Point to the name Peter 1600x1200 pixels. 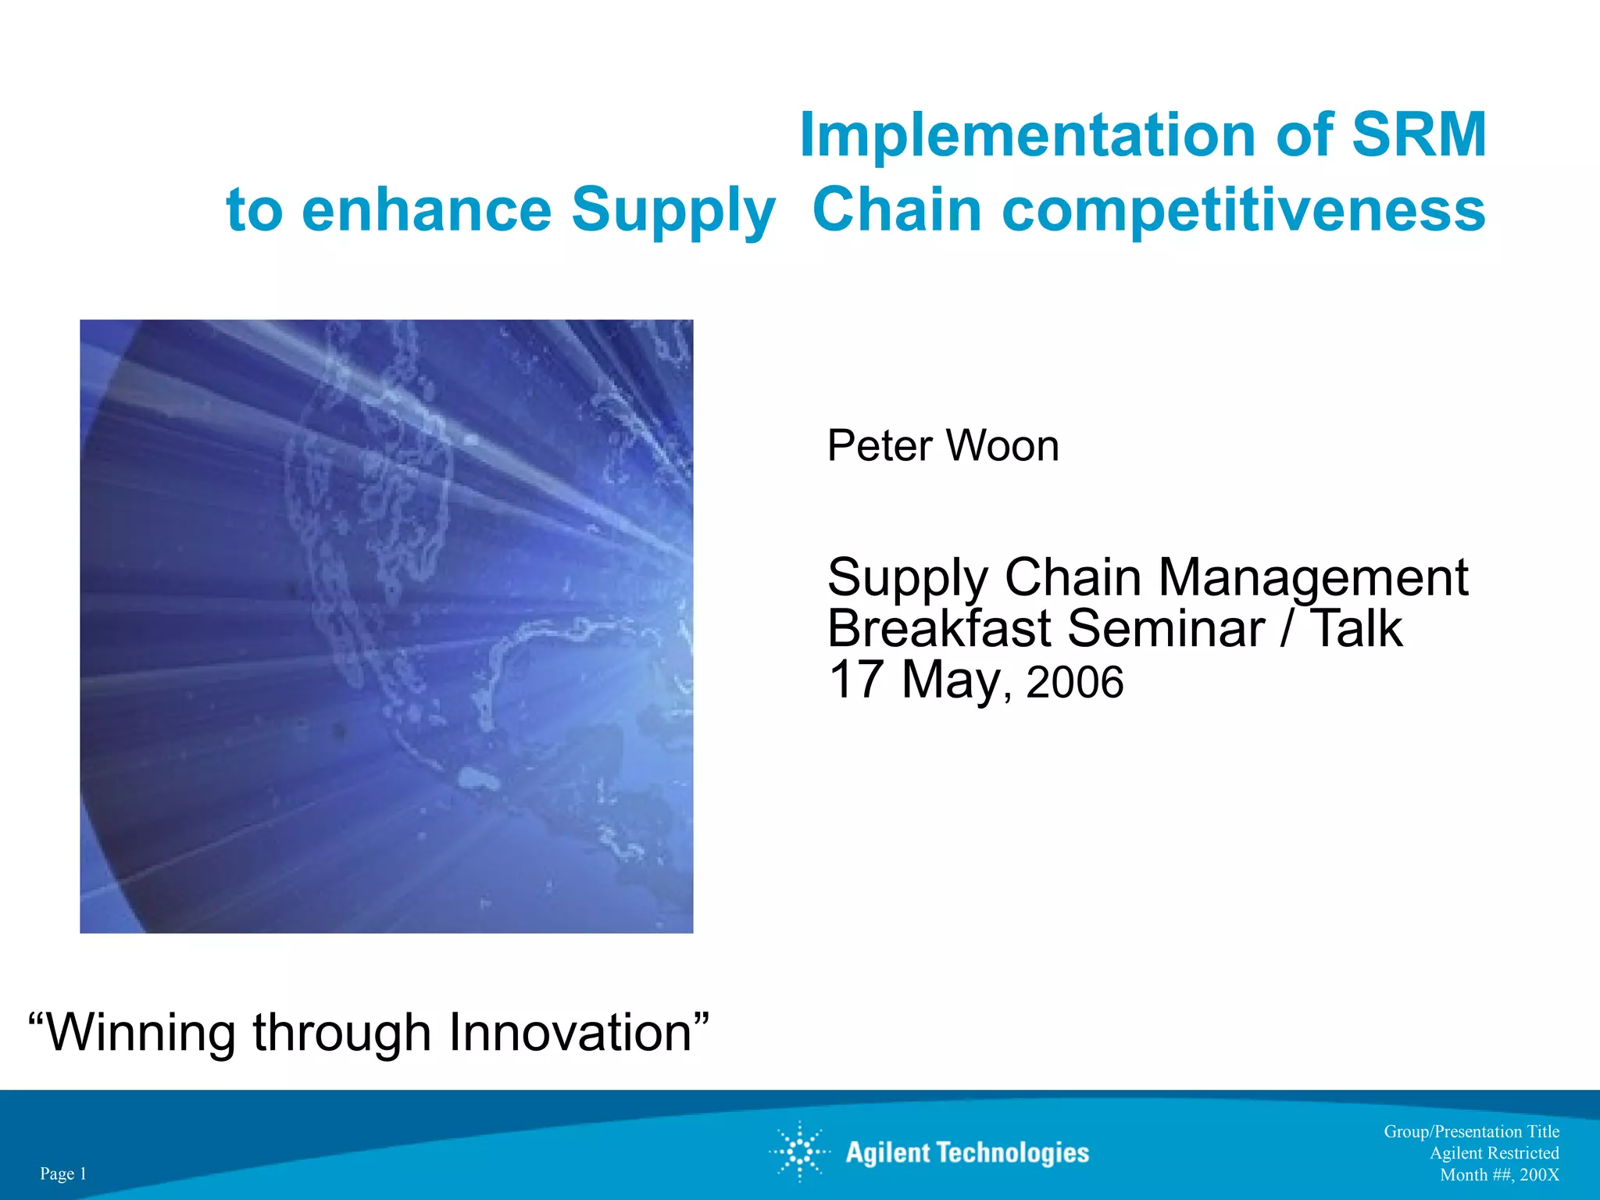pyautogui.click(x=880, y=446)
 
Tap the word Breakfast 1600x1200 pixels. pyautogui.click(x=938, y=629)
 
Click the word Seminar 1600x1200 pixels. pyautogui.click(x=1166, y=629)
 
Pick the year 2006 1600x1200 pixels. pyautogui.click(x=1075, y=682)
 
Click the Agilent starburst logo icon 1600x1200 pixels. pyautogui.click(x=799, y=1152)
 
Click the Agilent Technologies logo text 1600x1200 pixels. pyautogui.click(x=967, y=1153)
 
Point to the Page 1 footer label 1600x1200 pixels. pyautogui.click(x=63, y=1173)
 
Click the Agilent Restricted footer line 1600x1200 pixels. pyautogui.click(x=1494, y=1153)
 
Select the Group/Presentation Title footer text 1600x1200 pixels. pyautogui.click(x=1471, y=1131)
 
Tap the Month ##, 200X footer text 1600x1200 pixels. pyautogui.click(x=1499, y=1175)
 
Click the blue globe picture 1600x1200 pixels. pyautogui.click(x=386, y=626)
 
